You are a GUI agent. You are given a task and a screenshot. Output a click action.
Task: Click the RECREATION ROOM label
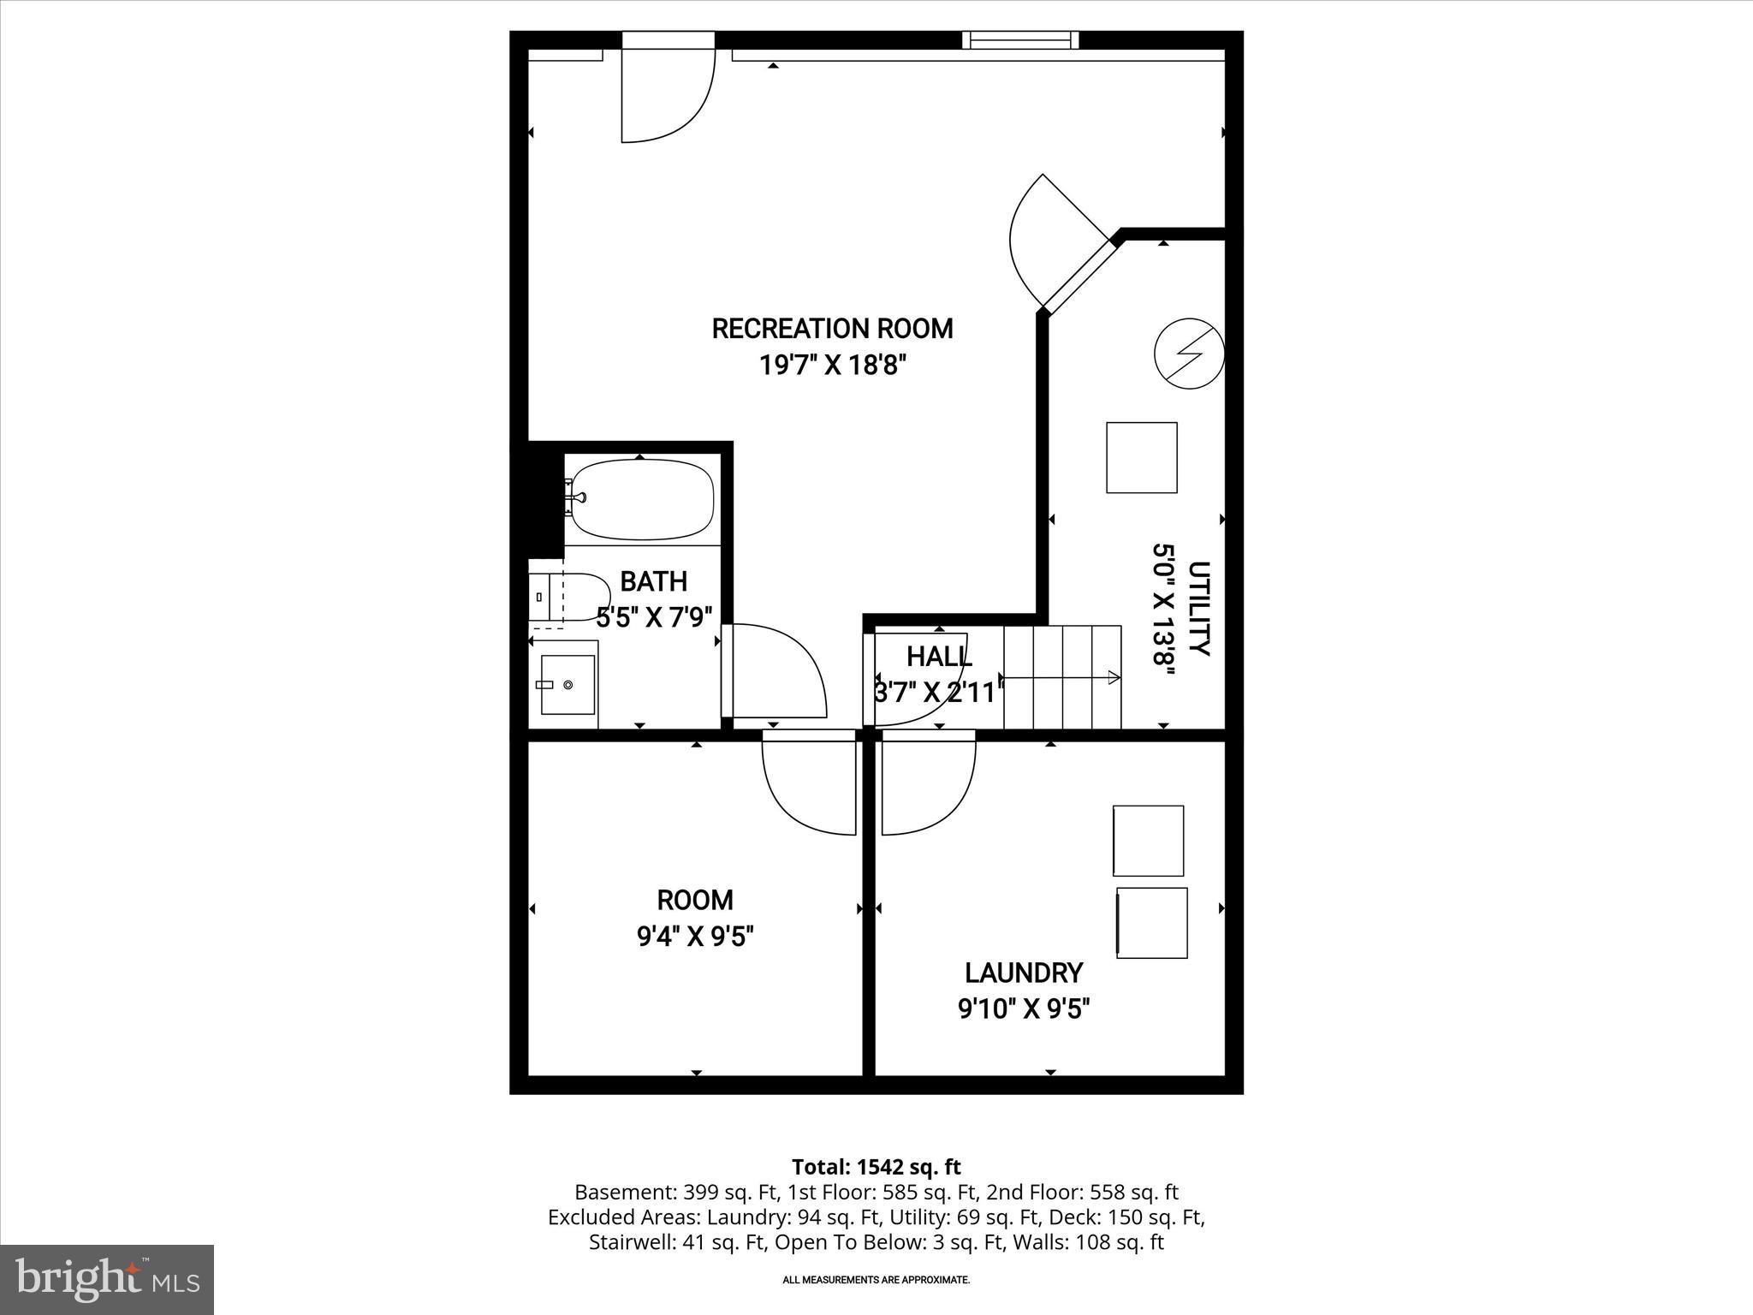(x=832, y=329)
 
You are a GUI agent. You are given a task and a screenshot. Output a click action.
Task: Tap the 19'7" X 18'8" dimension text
(x=832, y=366)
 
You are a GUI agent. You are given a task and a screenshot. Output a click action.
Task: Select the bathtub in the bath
(x=642, y=499)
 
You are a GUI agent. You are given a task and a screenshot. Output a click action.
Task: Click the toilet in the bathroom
(x=569, y=596)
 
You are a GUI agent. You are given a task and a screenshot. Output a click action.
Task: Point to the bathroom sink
(x=567, y=685)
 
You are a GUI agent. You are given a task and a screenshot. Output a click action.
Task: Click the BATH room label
(x=653, y=582)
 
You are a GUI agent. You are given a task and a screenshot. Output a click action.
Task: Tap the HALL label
(x=939, y=657)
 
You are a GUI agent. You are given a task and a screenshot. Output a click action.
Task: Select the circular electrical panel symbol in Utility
(x=1189, y=353)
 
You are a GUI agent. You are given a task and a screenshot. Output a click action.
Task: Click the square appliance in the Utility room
(x=1141, y=457)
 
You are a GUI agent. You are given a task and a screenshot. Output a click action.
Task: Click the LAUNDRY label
(x=1024, y=973)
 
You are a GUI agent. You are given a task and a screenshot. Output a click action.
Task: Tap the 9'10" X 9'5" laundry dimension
(x=1024, y=1010)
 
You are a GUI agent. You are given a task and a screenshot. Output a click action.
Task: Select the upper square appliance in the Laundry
(x=1148, y=840)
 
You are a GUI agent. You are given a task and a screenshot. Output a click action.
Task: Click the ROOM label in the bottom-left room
(x=695, y=900)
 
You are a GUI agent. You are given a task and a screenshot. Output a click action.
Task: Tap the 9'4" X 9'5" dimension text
(x=695, y=937)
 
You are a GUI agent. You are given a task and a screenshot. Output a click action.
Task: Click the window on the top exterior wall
(x=1019, y=39)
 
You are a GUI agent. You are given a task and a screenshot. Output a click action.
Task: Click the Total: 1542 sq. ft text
(x=876, y=1167)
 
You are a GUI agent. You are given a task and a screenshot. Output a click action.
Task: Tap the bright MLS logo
(x=107, y=1279)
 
